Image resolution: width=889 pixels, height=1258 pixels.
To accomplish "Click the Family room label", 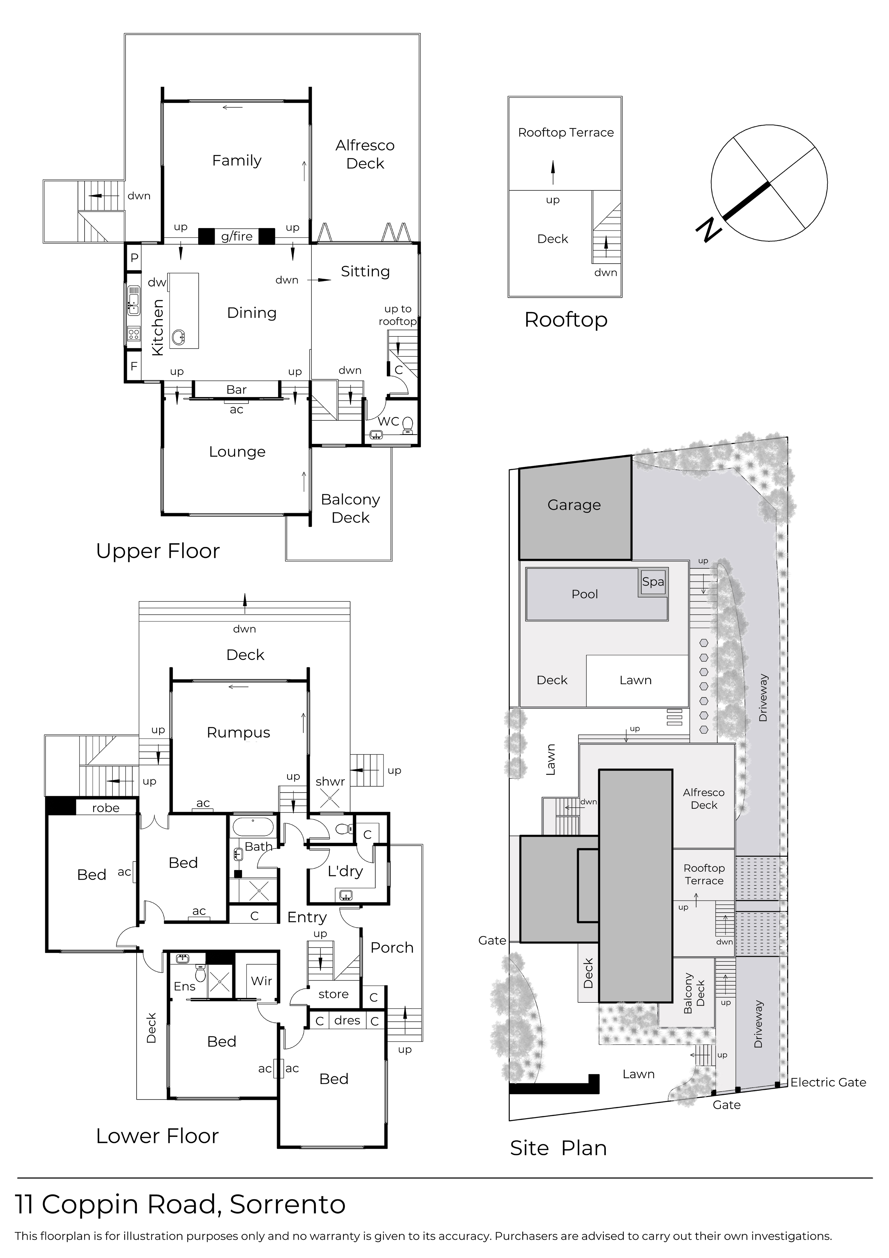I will pos(237,161).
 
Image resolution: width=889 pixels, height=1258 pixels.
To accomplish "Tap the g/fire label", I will pos(237,236).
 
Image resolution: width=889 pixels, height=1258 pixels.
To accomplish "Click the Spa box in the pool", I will pos(653,582).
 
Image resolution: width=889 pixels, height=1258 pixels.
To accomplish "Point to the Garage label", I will pos(574,505).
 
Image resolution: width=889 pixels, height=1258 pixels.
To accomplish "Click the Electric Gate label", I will pos(828,1082).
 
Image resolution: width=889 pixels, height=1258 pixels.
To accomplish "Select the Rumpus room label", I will pos(238,733).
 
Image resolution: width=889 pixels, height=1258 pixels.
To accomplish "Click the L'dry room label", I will pos(345,871).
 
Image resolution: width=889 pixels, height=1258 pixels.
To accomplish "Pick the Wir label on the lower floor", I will pos(261,981).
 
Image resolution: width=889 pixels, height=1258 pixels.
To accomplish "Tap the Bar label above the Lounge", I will pos(236,389).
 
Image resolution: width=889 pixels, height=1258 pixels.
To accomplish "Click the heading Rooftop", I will pos(566,320).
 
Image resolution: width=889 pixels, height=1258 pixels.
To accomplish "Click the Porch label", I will pos(392,947).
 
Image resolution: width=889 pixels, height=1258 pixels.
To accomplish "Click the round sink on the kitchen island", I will pos(178,337).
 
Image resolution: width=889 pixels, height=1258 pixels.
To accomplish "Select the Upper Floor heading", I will pos(158,551).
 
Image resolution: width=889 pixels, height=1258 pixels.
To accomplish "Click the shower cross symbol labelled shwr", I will pos(330,800).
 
